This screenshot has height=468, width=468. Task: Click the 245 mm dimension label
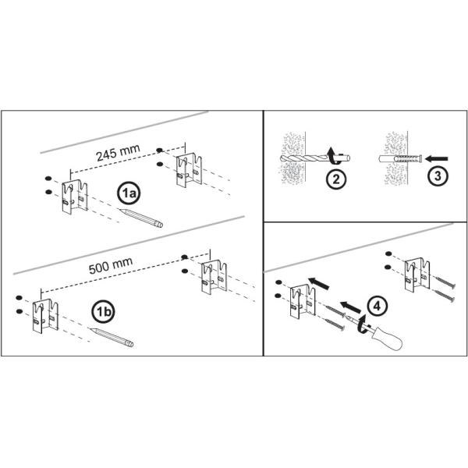click(118, 153)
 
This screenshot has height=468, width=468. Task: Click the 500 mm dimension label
click(111, 266)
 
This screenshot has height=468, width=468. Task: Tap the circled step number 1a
click(129, 193)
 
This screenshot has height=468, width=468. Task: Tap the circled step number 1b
click(103, 312)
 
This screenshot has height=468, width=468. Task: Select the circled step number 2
click(335, 179)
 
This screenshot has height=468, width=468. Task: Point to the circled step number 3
click(438, 176)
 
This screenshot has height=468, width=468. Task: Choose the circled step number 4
click(377, 307)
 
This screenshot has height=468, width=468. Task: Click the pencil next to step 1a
click(141, 218)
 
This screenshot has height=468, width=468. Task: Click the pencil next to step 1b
click(112, 337)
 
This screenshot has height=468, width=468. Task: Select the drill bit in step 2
click(315, 158)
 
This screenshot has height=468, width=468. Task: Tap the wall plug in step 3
click(400, 158)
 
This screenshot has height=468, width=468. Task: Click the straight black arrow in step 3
click(436, 158)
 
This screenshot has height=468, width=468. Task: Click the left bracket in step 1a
click(75, 197)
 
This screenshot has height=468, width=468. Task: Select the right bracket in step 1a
click(189, 170)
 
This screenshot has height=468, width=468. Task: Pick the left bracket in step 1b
click(45, 316)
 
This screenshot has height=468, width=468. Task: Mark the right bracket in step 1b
click(214, 277)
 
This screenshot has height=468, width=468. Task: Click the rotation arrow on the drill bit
click(334, 156)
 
